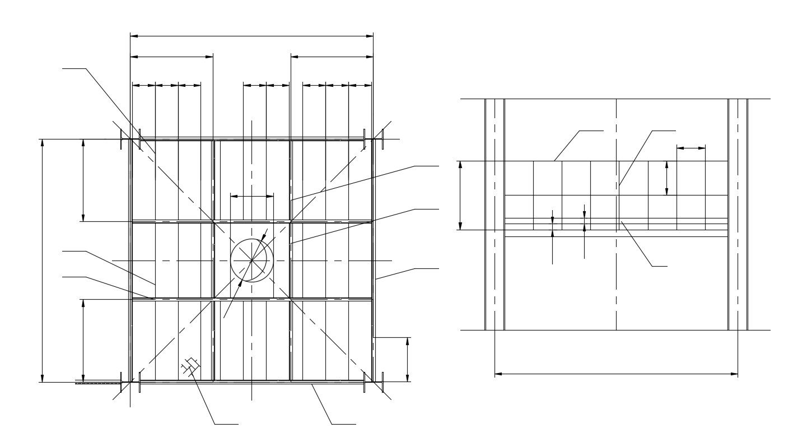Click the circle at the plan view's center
click(251, 260)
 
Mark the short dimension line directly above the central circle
click(252, 196)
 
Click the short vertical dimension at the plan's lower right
click(407, 359)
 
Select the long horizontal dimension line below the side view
click(616, 374)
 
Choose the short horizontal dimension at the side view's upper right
click(691, 148)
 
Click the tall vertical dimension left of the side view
click(460, 196)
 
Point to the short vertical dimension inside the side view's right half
click(666, 178)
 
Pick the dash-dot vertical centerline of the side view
click(616, 280)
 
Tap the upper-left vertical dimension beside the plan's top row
click(83, 180)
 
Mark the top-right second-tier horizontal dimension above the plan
click(332, 57)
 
